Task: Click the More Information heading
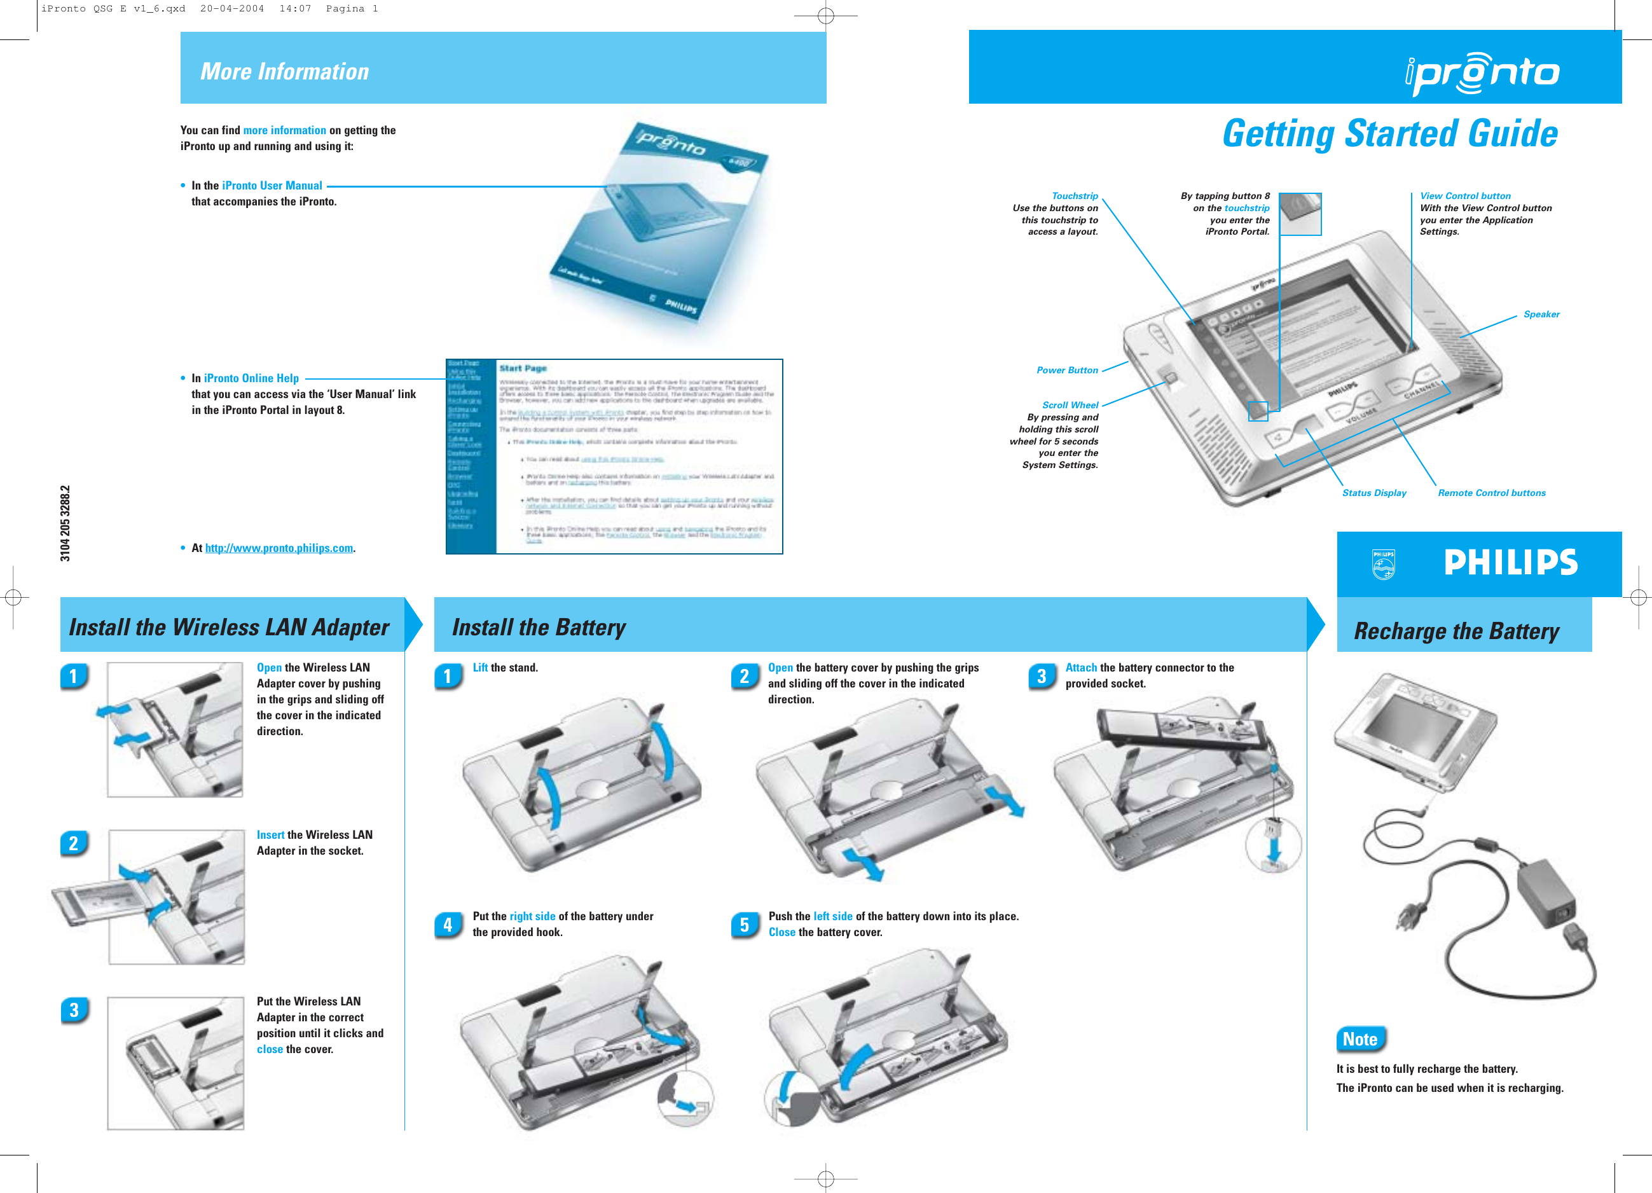pos(284,71)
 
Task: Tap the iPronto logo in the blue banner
pos(1482,73)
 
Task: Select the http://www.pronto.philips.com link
pos(279,548)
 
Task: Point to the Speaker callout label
pos(1541,315)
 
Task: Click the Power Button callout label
pos(1066,370)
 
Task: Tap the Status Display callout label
pos(1373,493)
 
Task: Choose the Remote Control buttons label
pos(1490,493)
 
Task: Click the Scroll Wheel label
pos(1070,405)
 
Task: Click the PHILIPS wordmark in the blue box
pos(1510,562)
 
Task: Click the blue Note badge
pos(1359,1039)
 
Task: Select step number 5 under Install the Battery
pos(745,925)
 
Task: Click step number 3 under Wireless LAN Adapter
pos(74,1010)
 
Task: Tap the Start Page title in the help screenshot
pos(522,369)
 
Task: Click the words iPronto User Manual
pos(272,186)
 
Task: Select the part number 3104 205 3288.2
pos(65,523)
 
